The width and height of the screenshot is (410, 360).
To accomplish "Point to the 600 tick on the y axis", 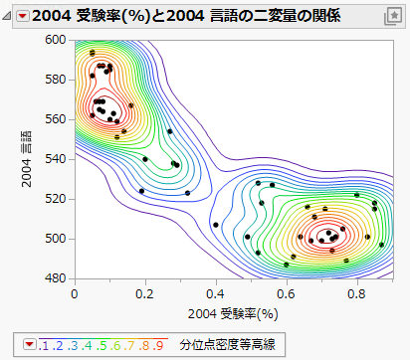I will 56,40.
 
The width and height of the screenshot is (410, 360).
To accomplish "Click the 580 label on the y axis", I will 56,80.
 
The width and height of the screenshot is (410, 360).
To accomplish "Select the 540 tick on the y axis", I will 56,159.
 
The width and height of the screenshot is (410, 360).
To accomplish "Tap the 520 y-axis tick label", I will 56,199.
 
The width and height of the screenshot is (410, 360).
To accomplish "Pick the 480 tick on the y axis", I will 56,278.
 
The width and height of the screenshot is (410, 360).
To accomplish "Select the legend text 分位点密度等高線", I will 227,344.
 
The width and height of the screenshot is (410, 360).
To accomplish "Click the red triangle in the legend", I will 30,344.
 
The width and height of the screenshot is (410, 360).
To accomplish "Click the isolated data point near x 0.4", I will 216,225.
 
